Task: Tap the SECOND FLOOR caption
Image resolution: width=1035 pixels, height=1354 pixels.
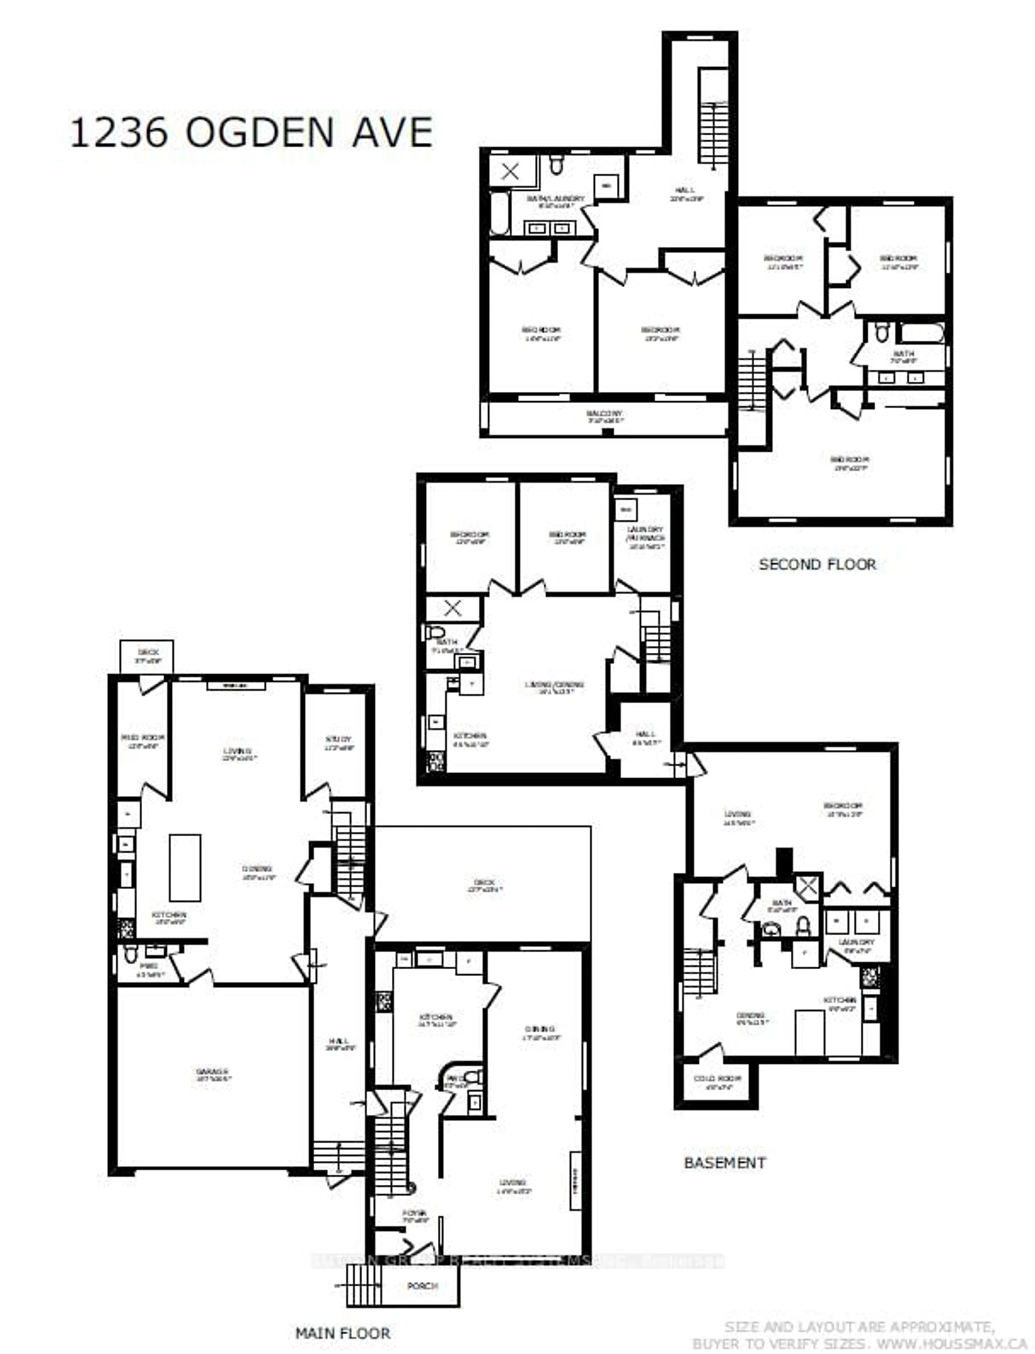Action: (817, 564)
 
